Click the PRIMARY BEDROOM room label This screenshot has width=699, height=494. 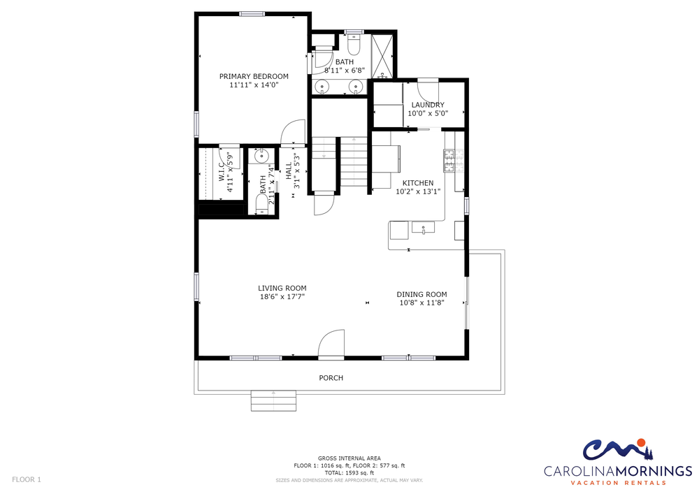tap(254, 76)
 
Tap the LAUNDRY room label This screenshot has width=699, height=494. tap(428, 105)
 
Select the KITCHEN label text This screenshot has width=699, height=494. tap(418, 183)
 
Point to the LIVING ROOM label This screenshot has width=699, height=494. tap(282, 288)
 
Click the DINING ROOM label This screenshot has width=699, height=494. tap(421, 294)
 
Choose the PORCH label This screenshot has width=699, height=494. tap(331, 378)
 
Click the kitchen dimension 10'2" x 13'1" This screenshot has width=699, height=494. tap(418, 191)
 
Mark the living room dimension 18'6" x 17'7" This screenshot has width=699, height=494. tap(282, 297)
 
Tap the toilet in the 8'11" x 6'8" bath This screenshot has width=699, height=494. tap(354, 44)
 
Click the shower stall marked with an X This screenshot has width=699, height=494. tap(382, 56)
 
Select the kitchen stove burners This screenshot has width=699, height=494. tap(454, 161)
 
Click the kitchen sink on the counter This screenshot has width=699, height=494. tap(423, 228)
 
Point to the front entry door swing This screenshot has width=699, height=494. tap(331, 344)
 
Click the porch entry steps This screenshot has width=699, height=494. tap(273, 401)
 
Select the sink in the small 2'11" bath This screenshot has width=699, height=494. tap(261, 157)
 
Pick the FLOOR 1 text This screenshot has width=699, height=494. tap(27, 480)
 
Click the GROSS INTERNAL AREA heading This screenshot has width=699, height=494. tap(349, 458)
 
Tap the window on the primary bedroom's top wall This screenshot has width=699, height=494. tap(252, 14)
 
